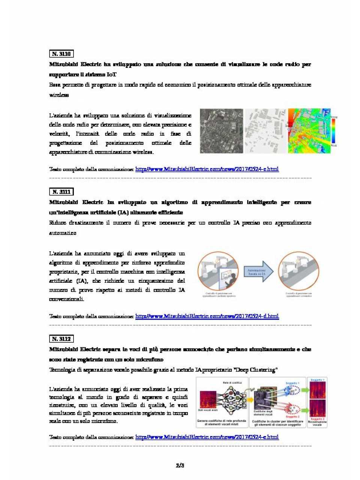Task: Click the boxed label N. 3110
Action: [61, 54]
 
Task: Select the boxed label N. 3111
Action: [61, 192]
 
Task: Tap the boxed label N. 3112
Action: [61, 339]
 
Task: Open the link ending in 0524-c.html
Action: [207, 169]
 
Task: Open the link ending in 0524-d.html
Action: [207, 316]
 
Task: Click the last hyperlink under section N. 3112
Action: [207, 437]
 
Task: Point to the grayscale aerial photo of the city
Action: [221, 131]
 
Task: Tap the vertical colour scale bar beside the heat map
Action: [333, 131]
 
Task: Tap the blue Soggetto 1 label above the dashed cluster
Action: [292, 383]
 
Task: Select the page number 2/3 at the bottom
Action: [180, 465]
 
